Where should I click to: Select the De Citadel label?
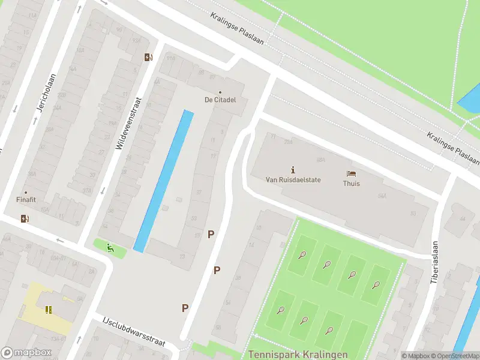[x=220, y=99]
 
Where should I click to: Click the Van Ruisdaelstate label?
[x=293, y=179]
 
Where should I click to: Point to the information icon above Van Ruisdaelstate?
[x=293, y=169]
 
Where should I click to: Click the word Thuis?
[x=352, y=184]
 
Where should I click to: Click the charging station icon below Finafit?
[x=25, y=218]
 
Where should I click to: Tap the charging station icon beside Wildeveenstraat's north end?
[x=148, y=58]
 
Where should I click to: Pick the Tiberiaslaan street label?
[x=434, y=262]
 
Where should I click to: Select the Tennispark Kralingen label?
[x=290, y=355]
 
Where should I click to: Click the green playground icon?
[x=109, y=247]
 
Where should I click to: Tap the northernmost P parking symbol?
[x=211, y=234]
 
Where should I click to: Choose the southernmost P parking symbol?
[x=185, y=308]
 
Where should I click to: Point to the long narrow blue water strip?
[x=164, y=180]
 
